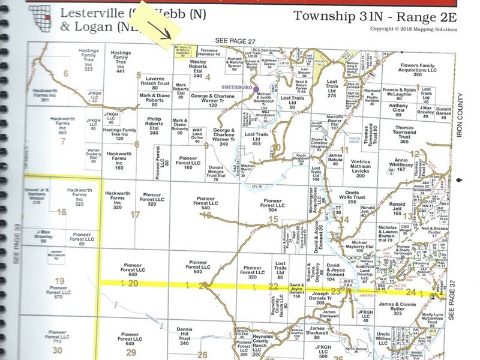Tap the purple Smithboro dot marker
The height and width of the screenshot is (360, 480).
click(257, 88)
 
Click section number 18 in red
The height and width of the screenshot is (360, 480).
click(61, 212)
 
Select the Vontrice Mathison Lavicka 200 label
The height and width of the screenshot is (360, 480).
click(361, 169)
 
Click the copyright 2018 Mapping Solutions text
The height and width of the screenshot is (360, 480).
click(413, 28)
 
